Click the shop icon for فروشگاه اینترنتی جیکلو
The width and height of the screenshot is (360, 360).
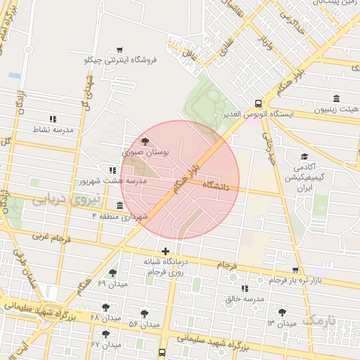click(120, 49)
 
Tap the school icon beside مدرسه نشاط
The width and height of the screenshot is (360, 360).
click(52, 119)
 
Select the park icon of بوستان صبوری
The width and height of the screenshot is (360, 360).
click(146, 141)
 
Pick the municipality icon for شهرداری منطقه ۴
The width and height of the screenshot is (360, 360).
click(120, 205)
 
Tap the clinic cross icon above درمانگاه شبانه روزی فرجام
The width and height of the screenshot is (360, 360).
click(165, 251)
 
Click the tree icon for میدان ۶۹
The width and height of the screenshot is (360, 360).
click(112, 273)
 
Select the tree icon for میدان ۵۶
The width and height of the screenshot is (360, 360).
click(144, 314)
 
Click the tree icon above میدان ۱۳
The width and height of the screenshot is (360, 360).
click(282, 312)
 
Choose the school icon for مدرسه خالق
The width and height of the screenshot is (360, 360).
click(245, 288)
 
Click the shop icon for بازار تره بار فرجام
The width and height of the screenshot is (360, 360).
click(295, 270)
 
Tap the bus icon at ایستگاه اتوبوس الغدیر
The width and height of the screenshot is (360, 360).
click(259, 102)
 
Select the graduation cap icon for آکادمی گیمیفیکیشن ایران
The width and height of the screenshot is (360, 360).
click(304, 156)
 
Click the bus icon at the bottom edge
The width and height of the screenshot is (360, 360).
click(162, 352)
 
